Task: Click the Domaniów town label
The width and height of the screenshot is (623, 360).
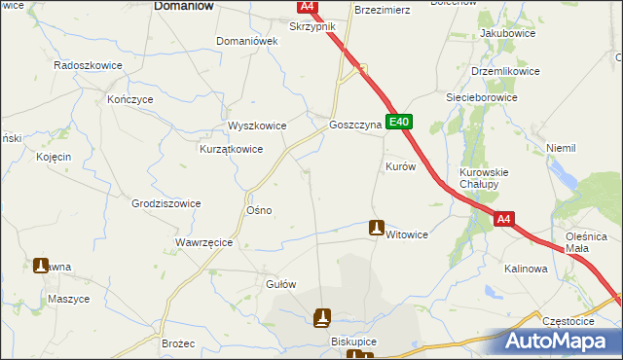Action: coord(184,6)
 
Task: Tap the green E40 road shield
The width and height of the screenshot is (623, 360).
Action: coord(400,123)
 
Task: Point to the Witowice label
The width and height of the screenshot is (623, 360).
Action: coord(407,234)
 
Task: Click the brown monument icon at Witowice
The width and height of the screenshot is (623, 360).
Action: coord(377,228)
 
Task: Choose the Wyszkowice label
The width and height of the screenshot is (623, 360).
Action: coord(257,126)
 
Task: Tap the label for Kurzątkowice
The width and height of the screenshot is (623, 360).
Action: coord(232,149)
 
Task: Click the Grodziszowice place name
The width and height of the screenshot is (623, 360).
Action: coord(166,203)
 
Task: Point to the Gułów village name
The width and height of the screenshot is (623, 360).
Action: coord(280,284)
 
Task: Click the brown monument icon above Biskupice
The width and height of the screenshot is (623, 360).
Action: coord(322,317)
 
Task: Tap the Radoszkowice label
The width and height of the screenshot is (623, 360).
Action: coord(86,64)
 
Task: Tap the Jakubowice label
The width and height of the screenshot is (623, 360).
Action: coord(503,33)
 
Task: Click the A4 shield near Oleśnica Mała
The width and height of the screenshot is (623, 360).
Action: coord(502,221)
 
